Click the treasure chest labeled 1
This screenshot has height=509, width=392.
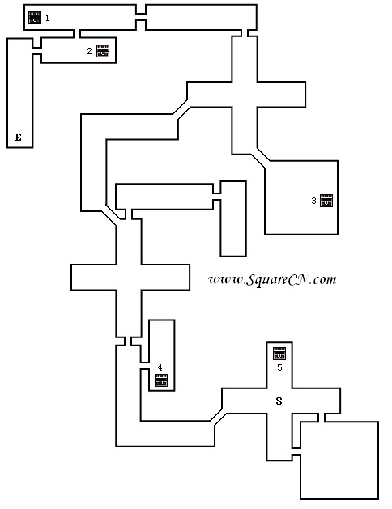pos(35,18)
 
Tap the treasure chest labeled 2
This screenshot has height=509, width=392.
pos(103,51)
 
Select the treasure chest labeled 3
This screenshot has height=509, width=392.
pos(326,201)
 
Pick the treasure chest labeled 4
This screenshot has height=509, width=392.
pos(161,380)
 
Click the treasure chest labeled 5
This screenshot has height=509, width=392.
pos(279,354)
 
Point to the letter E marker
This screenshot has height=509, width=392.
pos(19,138)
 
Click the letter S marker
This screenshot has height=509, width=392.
pos(279,401)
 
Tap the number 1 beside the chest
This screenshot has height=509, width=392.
pos(48,18)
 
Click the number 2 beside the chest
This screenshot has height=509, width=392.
pos(89,51)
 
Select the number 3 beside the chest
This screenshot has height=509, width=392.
pos(313,201)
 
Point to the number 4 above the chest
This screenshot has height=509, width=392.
pos(160,367)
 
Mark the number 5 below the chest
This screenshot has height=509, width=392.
pos(279,367)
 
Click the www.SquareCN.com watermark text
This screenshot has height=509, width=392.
pos(272,279)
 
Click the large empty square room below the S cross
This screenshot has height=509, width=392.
pos(339,460)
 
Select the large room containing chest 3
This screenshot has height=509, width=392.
pos(301,197)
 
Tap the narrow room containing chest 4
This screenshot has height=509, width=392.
pos(162,355)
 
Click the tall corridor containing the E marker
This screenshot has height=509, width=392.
pos(19,93)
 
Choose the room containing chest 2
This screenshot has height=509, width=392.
pos(79,50)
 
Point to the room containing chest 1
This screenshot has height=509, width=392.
pos(80,17)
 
